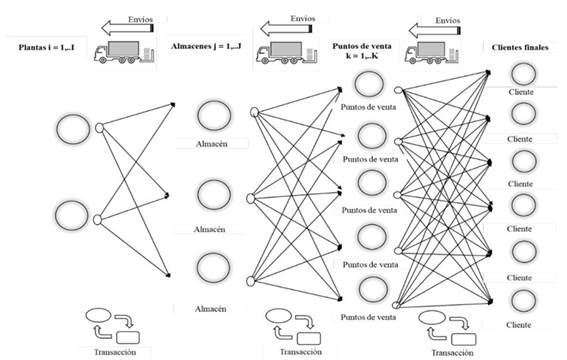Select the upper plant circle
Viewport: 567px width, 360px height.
pyautogui.click(x=73, y=128)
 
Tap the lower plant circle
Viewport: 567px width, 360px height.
pyautogui.click(x=73, y=215)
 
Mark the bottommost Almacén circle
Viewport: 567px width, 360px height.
pyautogui.click(x=216, y=267)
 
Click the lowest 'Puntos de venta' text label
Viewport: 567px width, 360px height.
pyautogui.click(x=371, y=317)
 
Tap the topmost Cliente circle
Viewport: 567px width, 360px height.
pyautogui.click(x=522, y=74)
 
